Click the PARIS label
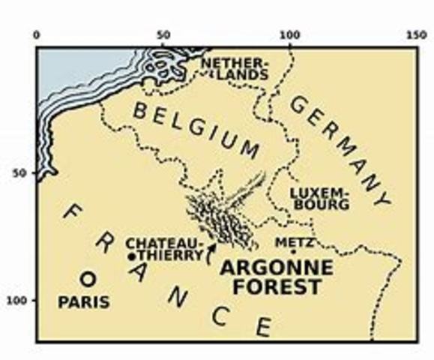coord(84,302)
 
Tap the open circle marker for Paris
coord(88,279)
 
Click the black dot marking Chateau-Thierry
coord(132,256)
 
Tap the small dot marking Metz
coord(293,252)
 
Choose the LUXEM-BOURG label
coord(319,197)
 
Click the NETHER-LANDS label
coord(234,68)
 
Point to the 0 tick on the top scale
coord(37,34)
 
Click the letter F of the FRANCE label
coord(69,214)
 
